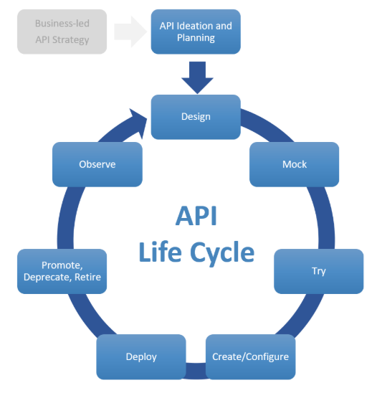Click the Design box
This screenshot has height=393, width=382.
[x=195, y=116]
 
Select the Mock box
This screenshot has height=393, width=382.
[x=294, y=164]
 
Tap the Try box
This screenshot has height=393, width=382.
[x=318, y=271]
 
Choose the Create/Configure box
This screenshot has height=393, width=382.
[x=250, y=356]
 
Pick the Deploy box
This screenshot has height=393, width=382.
[x=141, y=356]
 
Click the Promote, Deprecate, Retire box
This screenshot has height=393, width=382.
[x=62, y=271]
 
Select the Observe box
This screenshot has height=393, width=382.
[x=97, y=164]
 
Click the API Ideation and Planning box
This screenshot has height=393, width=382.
[x=195, y=32]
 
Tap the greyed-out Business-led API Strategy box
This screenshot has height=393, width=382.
[x=62, y=32]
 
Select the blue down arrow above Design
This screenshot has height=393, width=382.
[x=196, y=76]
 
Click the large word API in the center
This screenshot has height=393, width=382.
[x=196, y=216]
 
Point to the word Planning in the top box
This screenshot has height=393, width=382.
[x=195, y=38]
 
